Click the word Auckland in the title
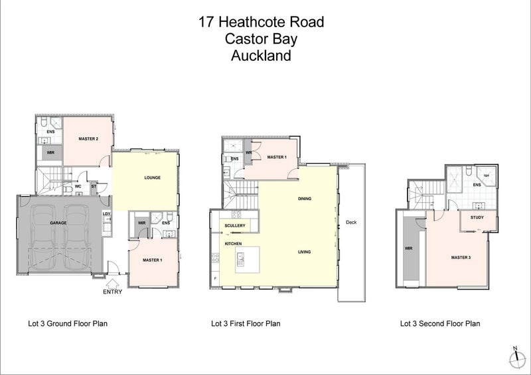pyautogui.click(x=261, y=56)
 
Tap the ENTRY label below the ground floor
pyautogui.click(x=112, y=291)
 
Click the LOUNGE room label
pyautogui.click(x=153, y=178)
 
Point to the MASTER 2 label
pyautogui.click(x=89, y=138)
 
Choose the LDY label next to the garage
pyautogui.click(x=106, y=214)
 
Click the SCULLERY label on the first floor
pyautogui.click(x=234, y=226)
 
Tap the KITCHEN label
pyautogui.click(x=233, y=244)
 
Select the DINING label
pyautogui.click(x=305, y=198)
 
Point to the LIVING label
pyautogui.click(x=305, y=252)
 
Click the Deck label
pyautogui.click(x=351, y=223)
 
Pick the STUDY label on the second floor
pyautogui.click(x=477, y=217)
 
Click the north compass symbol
pyautogui.click(x=514, y=358)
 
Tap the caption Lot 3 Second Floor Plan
pyautogui.click(x=440, y=324)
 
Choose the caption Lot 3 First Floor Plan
pyautogui.click(x=246, y=324)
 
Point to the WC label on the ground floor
pyautogui.click(x=78, y=187)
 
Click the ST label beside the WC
pyautogui.click(x=94, y=187)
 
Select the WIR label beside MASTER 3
pyautogui.click(x=408, y=249)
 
